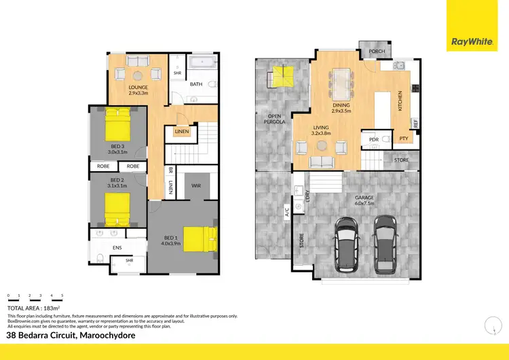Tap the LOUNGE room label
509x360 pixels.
[x=139, y=88]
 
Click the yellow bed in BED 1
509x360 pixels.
[x=201, y=239]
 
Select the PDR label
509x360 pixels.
[x=373, y=139]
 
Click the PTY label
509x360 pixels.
[x=403, y=139]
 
